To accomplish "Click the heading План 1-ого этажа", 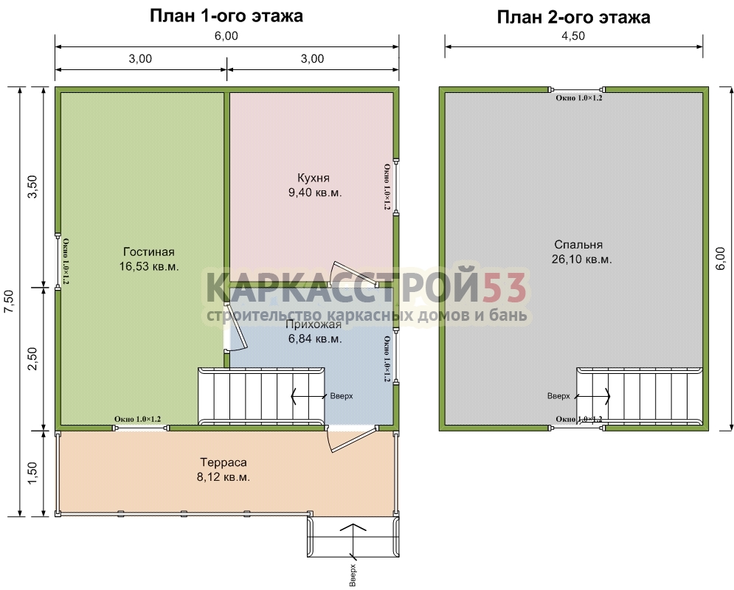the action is click(x=226, y=16).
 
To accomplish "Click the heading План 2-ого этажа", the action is click(x=573, y=17).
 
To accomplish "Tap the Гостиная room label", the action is click(x=149, y=251).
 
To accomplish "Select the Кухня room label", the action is click(x=314, y=178).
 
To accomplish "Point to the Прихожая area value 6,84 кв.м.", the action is click(x=316, y=339).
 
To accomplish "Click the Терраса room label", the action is click(x=224, y=462).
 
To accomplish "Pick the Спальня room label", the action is click(x=578, y=245).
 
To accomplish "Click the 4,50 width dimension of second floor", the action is click(x=573, y=36).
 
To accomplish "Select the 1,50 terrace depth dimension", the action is click(x=33, y=473).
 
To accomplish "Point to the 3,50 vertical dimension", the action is click(x=33, y=187).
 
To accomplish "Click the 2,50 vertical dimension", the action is click(x=33, y=359).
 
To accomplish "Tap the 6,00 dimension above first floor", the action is click(x=226, y=36).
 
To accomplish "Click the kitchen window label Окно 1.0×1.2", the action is click(x=387, y=187).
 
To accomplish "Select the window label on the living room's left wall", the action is click(x=66, y=262).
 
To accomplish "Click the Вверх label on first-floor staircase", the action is click(x=342, y=396).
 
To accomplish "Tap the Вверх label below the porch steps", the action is click(x=353, y=575).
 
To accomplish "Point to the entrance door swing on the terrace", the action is click(x=345, y=439).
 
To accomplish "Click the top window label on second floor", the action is click(x=578, y=98).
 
